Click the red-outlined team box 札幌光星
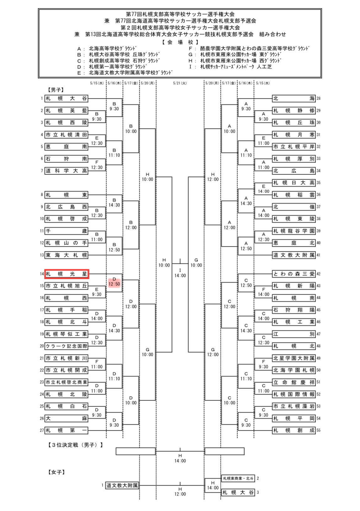pyautogui.click(x=66, y=274)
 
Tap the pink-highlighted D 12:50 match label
pyautogui.click(x=114, y=282)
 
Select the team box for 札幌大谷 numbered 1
pyautogui.click(x=66, y=98)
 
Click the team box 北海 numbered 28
pyautogui.click(x=294, y=98)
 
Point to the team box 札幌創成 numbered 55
pyautogui.click(x=294, y=430)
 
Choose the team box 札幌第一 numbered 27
pyautogui.click(x=66, y=430)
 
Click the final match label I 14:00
pyautogui.click(x=180, y=273)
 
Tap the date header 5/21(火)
pyautogui.click(x=180, y=83)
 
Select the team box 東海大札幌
pyautogui.click(x=66, y=255)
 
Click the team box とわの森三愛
pyautogui.click(x=294, y=274)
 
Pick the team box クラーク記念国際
pyautogui.click(x=66, y=346)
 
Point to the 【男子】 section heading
pyautogui.click(x=56, y=90)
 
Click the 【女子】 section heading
pyautogui.click(x=57, y=472)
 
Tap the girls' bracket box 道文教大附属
pyautogui.click(x=122, y=486)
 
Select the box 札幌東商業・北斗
pyautogui.click(x=238, y=478)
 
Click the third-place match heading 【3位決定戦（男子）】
pyautogui.click(x=75, y=445)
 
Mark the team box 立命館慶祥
pyautogui.click(x=294, y=382)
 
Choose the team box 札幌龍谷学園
pyautogui.click(x=294, y=231)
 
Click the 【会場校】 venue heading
pyautogui.click(x=180, y=42)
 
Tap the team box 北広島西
pyautogui.click(x=66, y=207)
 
